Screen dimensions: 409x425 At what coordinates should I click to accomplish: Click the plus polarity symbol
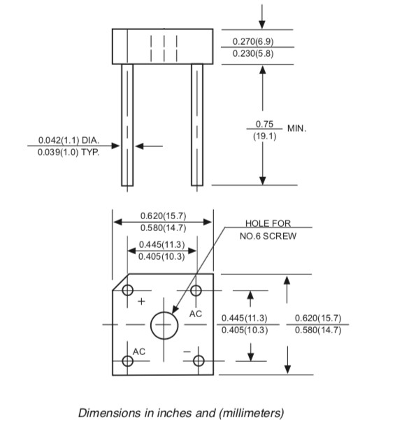point(141,301)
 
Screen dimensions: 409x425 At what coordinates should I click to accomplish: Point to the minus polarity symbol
point(187,351)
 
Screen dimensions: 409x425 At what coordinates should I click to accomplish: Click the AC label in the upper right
point(196,314)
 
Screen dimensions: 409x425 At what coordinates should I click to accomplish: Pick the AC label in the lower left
point(139,351)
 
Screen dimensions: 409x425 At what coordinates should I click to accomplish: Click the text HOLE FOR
point(268,223)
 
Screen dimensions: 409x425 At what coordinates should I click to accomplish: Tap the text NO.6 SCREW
point(268,236)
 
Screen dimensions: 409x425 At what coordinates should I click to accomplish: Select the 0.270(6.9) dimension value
point(253,41)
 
